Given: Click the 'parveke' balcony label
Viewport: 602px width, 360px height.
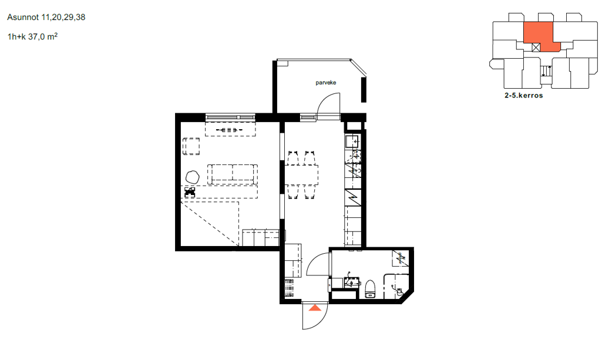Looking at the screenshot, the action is coord(326,83).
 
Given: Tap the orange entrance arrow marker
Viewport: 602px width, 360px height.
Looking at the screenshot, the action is coord(315,307).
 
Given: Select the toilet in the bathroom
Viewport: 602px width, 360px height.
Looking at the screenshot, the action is coord(370,289).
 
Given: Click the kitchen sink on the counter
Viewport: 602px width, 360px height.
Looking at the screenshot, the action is coord(352,142).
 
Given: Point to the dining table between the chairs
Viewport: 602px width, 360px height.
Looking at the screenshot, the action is coord(301,175).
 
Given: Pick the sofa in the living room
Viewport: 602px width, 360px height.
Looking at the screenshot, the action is coord(232,174).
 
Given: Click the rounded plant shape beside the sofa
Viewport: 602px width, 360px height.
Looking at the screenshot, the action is coord(193,177).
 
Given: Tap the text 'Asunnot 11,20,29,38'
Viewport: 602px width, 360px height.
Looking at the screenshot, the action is coord(46,17).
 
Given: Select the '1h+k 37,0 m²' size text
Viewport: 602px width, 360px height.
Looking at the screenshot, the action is coord(32,36).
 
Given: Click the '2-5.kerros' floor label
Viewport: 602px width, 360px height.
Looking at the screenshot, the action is coord(524,96).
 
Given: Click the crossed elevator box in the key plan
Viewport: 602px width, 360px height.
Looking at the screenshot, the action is coord(536,48).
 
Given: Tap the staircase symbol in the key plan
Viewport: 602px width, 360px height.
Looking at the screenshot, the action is coord(546,71).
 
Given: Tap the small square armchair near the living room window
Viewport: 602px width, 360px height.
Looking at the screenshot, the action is coord(191,146).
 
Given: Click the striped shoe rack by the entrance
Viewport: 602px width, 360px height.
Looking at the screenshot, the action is coord(289,288).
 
